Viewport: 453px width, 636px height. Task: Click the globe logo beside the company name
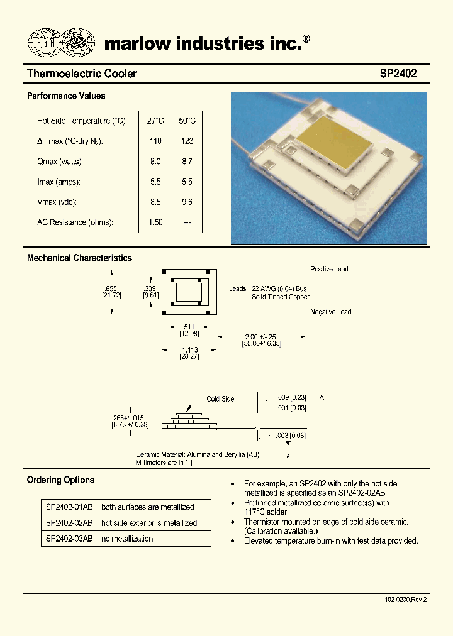[61, 42]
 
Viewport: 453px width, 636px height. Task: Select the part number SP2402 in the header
[398, 74]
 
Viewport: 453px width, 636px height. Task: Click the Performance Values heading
[66, 96]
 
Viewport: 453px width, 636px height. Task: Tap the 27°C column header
[155, 121]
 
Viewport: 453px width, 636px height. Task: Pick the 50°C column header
[187, 121]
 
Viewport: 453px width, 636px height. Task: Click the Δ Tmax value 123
[187, 141]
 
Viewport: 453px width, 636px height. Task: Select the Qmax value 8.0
[155, 162]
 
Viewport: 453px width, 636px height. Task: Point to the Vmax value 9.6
[187, 202]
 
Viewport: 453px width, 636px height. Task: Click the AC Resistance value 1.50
[155, 222]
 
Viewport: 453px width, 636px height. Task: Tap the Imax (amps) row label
[60, 182]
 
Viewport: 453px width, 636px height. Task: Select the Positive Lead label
[329, 269]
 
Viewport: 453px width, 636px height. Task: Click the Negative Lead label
[330, 312]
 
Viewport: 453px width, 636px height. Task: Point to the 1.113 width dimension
[189, 349]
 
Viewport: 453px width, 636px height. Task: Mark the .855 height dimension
[111, 287]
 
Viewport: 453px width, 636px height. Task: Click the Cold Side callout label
[220, 399]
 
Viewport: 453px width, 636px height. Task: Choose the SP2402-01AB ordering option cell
[69, 507]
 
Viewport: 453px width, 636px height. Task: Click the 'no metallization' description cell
[127, 539]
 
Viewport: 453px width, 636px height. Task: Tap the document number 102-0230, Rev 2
[405, 600]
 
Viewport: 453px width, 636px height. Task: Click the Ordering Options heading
[60, 480]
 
